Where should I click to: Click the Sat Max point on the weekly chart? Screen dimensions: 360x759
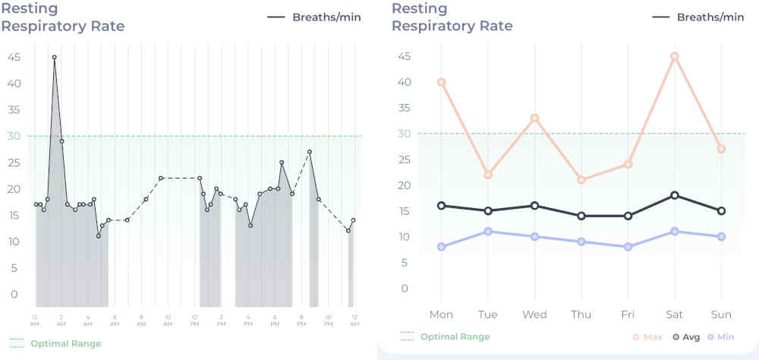pos(674,56)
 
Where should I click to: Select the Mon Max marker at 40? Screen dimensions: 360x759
pos(441,82)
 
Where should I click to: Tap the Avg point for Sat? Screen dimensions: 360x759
pos(674,195)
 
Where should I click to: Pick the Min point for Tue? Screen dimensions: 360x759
pos(488,231)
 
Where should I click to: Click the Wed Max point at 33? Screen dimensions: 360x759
pos(534,118)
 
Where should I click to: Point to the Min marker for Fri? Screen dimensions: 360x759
pos(628,247)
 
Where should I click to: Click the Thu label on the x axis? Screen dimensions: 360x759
pos(581,314)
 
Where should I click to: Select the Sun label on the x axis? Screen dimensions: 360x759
pos(721,314)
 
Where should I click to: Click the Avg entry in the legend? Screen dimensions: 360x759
pos(687,336)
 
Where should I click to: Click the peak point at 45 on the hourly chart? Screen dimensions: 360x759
pos(54,57)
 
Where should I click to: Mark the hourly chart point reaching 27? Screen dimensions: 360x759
pos(310,152)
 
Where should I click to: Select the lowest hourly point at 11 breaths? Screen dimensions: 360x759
pos(98,236)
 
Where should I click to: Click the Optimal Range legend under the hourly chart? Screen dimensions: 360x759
pos(56,343)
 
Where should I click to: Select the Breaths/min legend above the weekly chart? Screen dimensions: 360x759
pos(699,17)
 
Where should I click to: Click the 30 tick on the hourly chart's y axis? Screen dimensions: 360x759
pos(14,136)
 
